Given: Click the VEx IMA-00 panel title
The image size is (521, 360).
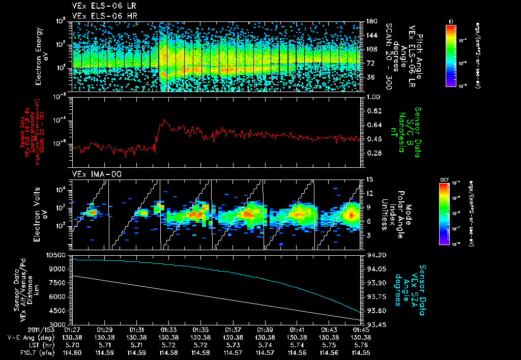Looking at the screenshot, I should (x=92, y=174).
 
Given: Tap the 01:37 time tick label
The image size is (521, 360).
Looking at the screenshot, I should (x=233, y=329).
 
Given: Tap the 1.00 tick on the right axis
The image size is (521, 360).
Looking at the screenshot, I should (x=373, y=97).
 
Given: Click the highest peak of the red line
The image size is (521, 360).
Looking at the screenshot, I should (x=164, y=119).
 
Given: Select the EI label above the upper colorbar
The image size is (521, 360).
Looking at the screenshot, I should (x=451, y=21).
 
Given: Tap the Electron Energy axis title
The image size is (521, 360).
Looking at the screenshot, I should (x=40, y=56).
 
